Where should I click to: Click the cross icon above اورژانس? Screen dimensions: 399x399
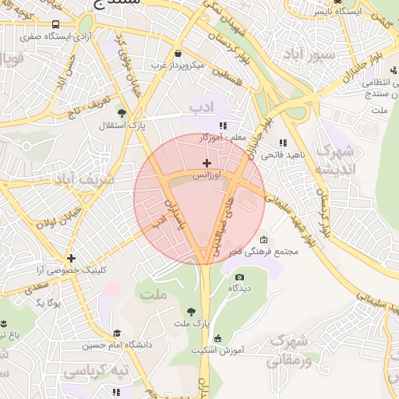point(207,163)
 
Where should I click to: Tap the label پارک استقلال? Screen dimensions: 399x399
point(115,125)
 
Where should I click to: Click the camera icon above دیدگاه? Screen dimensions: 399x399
point(239,277)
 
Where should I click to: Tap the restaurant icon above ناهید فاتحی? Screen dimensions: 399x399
point(282,143)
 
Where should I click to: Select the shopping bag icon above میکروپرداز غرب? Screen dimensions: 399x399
point(180,54)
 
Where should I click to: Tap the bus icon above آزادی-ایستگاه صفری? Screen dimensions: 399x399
point(55,25)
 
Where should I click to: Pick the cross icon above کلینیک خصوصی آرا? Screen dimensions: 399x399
point(71,258)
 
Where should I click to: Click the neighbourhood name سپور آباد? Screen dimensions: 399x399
point(309,54)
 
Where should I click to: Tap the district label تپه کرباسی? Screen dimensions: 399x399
point(95,372)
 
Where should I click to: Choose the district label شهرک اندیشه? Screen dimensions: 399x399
point(337,160)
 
